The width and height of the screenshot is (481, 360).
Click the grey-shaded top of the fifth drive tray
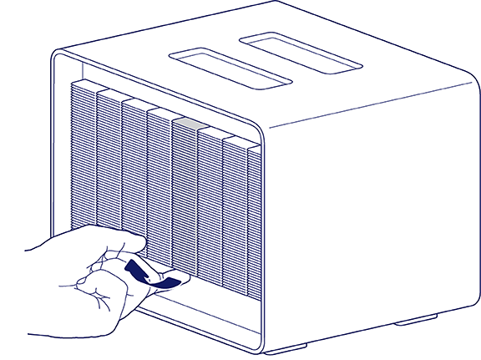pos(185,123)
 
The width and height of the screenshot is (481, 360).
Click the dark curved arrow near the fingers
pos(150,276)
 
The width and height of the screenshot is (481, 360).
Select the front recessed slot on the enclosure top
pos(230,69)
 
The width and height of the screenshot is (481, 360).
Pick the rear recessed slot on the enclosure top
pos(301,50)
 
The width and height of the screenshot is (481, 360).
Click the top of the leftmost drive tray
pos(84,85)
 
